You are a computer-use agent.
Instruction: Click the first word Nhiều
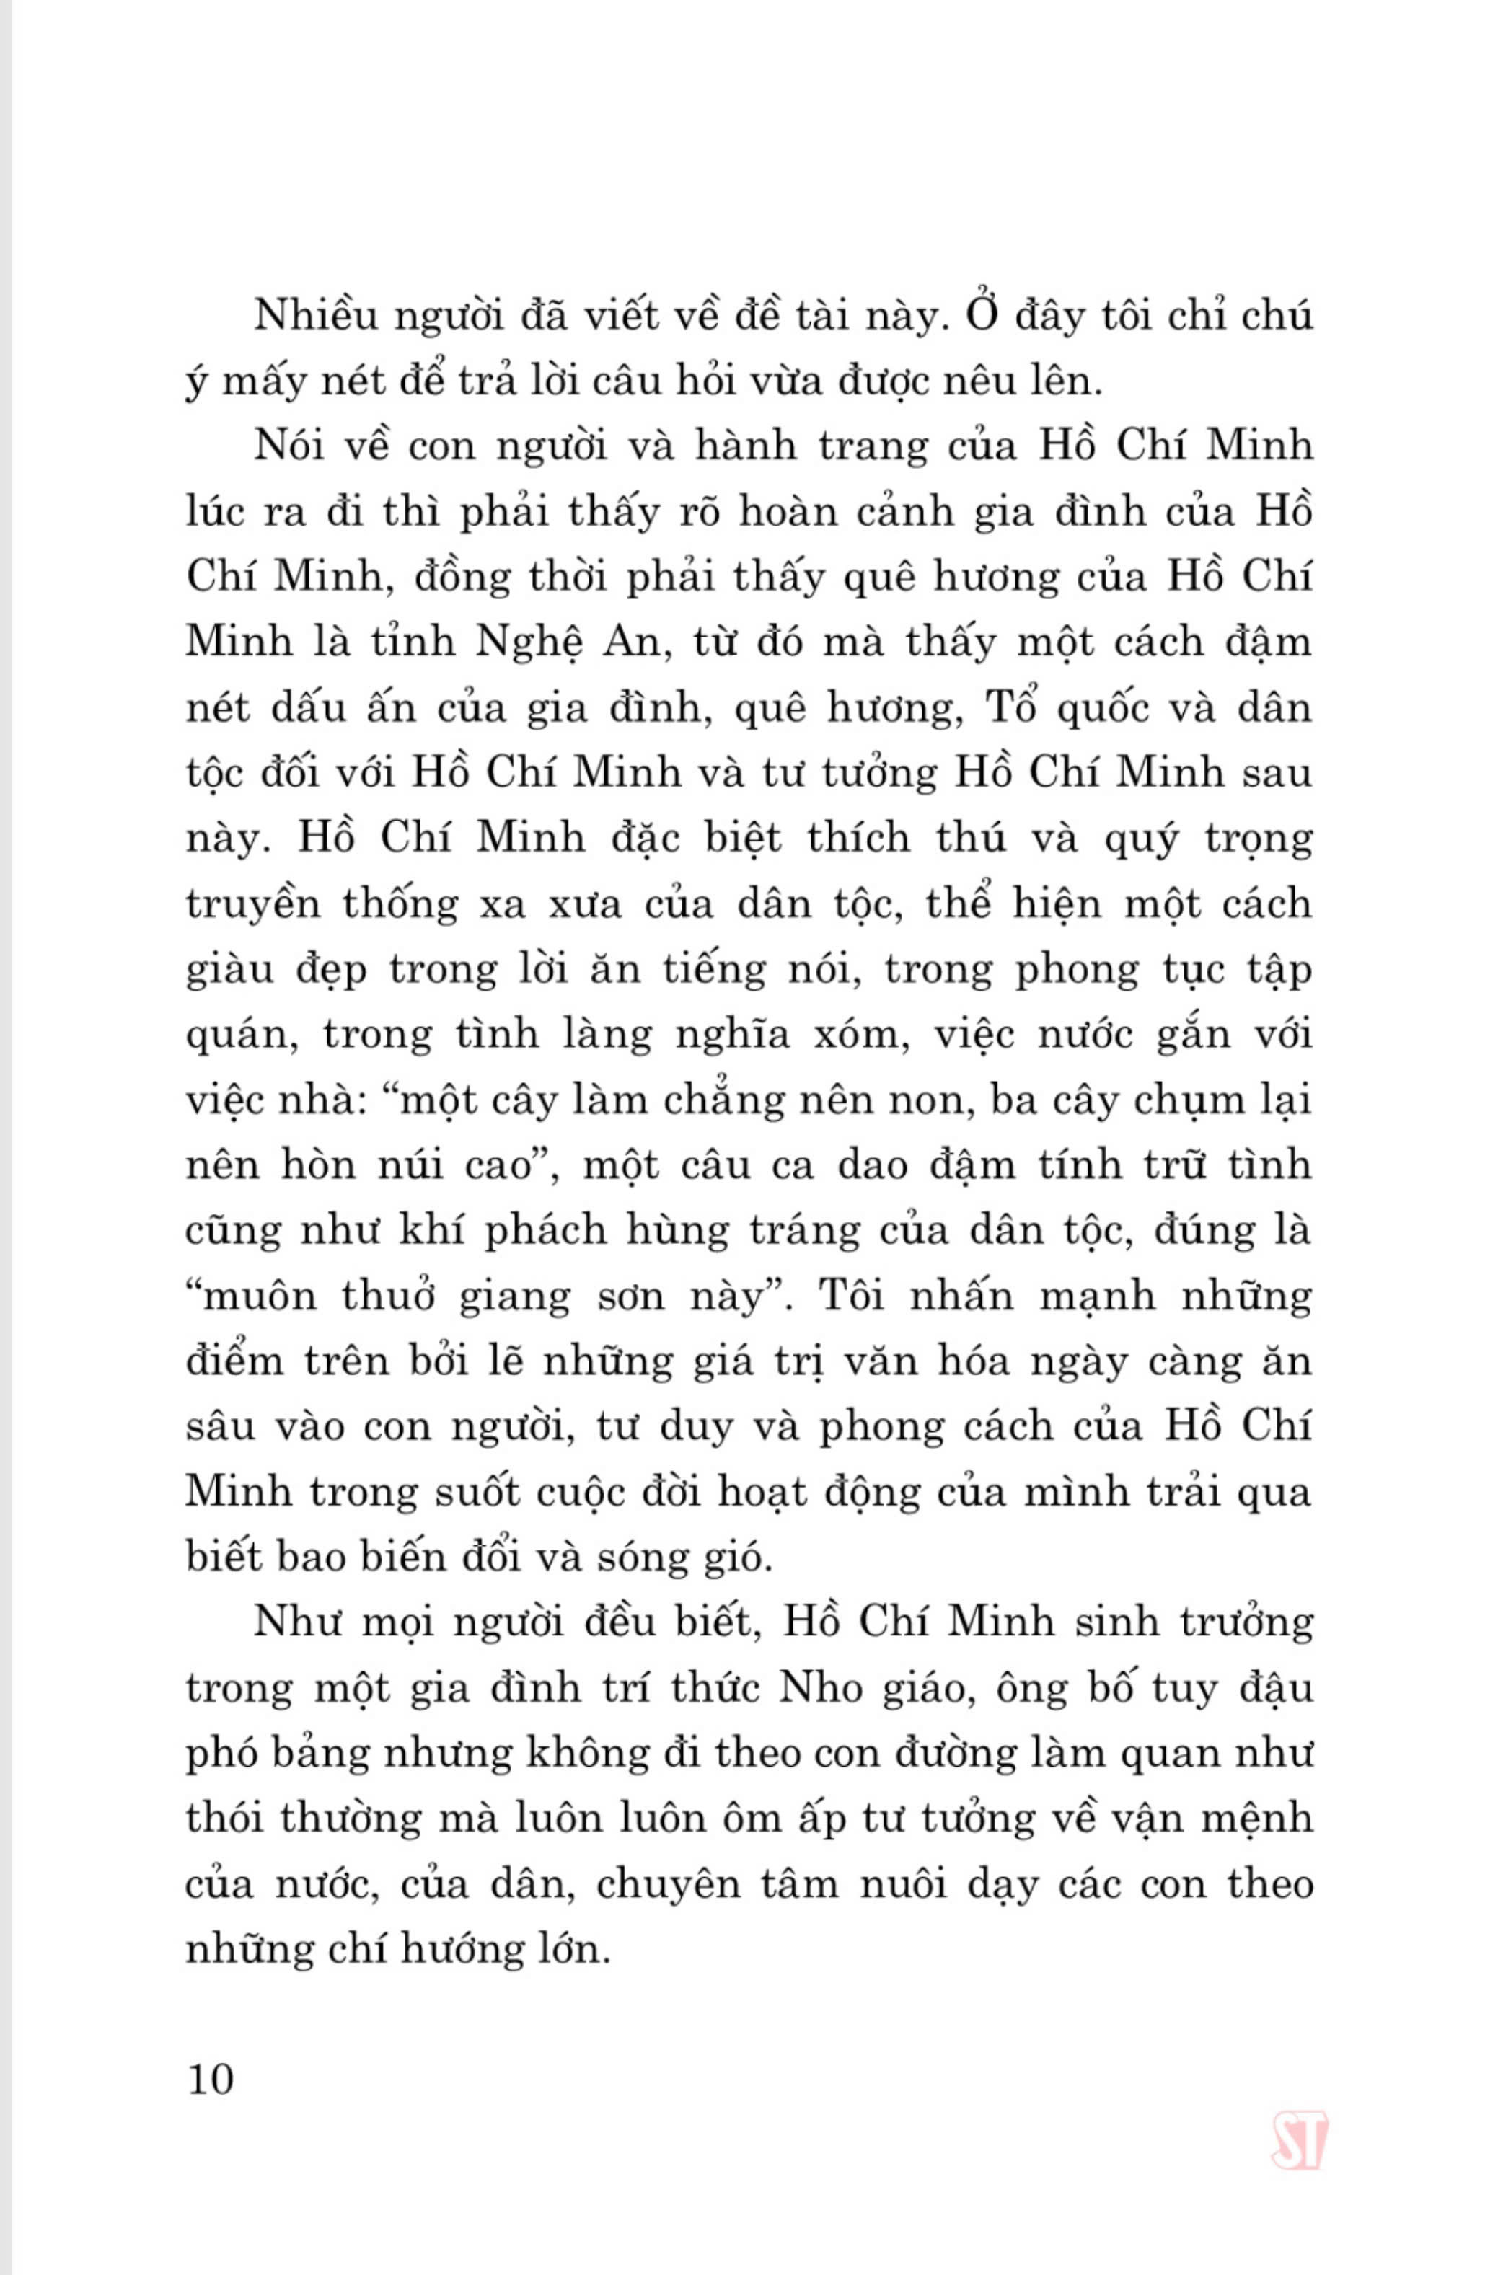pyautogui.click(x=312, y=317)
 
